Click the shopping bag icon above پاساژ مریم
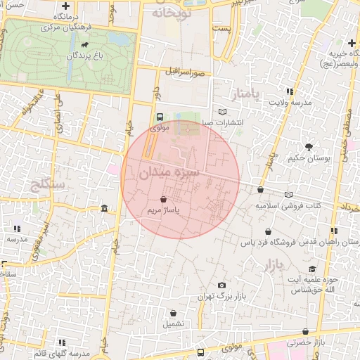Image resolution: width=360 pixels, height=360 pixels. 163,200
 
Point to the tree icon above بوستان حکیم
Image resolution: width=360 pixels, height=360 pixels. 309,147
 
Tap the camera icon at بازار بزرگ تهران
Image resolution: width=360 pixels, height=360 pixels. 222,285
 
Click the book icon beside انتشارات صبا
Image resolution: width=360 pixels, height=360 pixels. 223,112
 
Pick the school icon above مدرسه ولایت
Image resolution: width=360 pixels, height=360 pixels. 289,91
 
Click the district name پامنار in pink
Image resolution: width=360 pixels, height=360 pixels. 245,94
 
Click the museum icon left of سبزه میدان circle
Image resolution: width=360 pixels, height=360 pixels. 104,209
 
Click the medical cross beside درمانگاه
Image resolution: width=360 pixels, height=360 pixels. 65,6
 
